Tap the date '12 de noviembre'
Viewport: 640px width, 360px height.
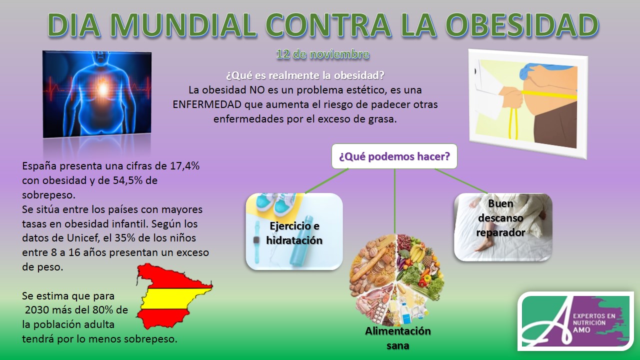[322, 54]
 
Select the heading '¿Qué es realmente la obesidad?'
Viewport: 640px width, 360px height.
[305, 76]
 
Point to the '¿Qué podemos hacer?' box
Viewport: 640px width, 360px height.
[394, 156]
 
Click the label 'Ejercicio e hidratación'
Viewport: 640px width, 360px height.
[294, 233]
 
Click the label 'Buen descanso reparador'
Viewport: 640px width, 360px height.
[500, 218]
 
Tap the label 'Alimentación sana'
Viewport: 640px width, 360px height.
[397, 338]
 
